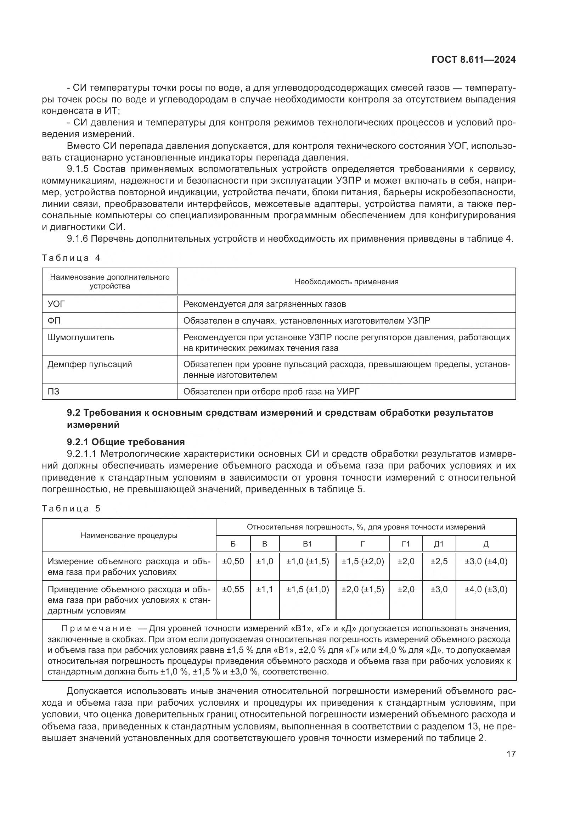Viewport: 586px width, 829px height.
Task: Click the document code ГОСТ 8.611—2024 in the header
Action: click(473, 60)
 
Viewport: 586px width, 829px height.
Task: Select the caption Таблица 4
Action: click(71, 258)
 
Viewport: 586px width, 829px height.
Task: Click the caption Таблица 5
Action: click(71, 509)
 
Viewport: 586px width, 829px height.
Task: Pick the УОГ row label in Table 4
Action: click(56, 304)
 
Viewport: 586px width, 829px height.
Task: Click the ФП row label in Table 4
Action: click(54, 321)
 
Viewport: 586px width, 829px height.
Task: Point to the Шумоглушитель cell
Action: click(81, 338)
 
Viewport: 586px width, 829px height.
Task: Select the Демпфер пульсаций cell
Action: click(90, 364)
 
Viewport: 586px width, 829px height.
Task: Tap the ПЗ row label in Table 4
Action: click(53, 391)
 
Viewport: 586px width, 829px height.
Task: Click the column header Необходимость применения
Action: click(346, 282)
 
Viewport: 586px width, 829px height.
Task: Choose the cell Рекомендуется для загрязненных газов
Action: click(265, 304)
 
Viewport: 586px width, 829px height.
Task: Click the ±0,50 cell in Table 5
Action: click(233, 561)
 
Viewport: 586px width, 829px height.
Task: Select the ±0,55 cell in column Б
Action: click(233, 589)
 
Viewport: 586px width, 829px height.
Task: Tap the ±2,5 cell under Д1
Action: click(439, 561)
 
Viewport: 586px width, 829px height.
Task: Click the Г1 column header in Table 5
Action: click(406, 544)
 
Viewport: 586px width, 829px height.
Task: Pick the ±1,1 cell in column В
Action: click(265, 589)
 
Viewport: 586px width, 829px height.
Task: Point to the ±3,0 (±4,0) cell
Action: click(486, 561)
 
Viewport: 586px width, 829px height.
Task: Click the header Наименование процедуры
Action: click(129, 536)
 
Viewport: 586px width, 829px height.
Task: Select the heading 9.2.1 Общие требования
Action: click(125, 442)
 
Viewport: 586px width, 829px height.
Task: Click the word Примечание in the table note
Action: click(96, 629)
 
